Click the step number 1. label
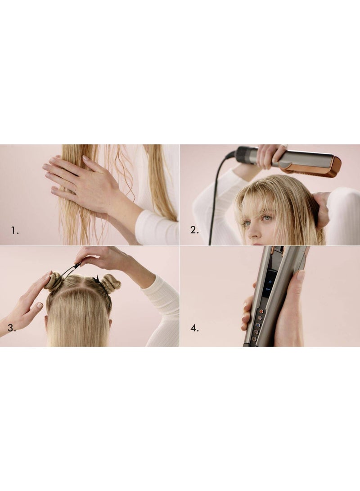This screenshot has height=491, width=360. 15,230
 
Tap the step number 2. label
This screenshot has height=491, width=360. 194,230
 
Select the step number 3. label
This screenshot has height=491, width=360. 11,328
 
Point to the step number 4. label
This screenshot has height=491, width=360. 194,328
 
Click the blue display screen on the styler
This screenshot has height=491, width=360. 270,284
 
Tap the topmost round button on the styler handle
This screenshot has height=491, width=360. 261,311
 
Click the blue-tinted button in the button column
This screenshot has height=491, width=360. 258,325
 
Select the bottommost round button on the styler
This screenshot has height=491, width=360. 254,339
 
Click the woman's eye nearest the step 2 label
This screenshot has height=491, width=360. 246,223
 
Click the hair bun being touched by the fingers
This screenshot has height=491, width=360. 53,282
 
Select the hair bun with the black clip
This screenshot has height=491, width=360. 110,283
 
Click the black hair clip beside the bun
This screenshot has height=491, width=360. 97,280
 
